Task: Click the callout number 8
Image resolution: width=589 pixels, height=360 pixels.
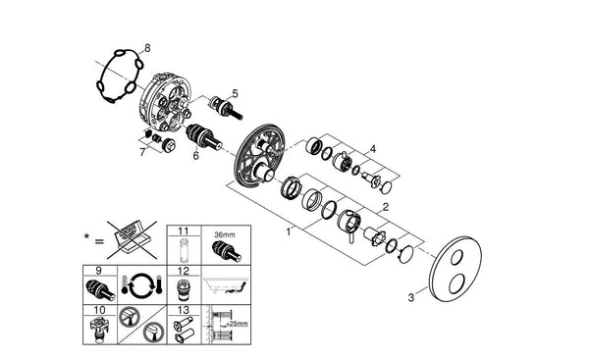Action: click(147, 48)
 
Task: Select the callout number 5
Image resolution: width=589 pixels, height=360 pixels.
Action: click(236, 93)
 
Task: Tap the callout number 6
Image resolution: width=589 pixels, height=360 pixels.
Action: click(195, 155)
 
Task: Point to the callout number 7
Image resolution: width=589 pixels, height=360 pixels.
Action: click(142, 152)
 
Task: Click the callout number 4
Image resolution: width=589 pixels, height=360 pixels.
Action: click(373, 149)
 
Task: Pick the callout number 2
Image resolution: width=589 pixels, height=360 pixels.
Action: click(386, 207)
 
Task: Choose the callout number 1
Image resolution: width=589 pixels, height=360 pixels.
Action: click(289, 232)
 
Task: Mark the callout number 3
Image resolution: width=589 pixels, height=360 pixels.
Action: click(411, 297)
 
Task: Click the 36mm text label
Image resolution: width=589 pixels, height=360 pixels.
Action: click(225, 235)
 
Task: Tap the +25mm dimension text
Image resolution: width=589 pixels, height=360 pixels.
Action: click(237, 324)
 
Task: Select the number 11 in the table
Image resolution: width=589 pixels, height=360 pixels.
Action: click(184, 231)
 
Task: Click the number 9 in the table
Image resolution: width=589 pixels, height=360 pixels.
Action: click(99, 271)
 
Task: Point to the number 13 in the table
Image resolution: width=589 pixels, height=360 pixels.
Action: click(184, 310)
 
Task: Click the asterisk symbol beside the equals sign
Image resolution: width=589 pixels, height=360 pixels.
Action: click(86, 236)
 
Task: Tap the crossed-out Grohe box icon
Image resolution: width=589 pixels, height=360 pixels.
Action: click(132, 239)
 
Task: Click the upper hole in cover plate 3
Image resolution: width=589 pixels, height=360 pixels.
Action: click(456, 258)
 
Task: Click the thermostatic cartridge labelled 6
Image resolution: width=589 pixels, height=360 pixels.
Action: click(204, 136)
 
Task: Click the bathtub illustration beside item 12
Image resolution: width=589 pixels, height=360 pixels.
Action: click(226, 284)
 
